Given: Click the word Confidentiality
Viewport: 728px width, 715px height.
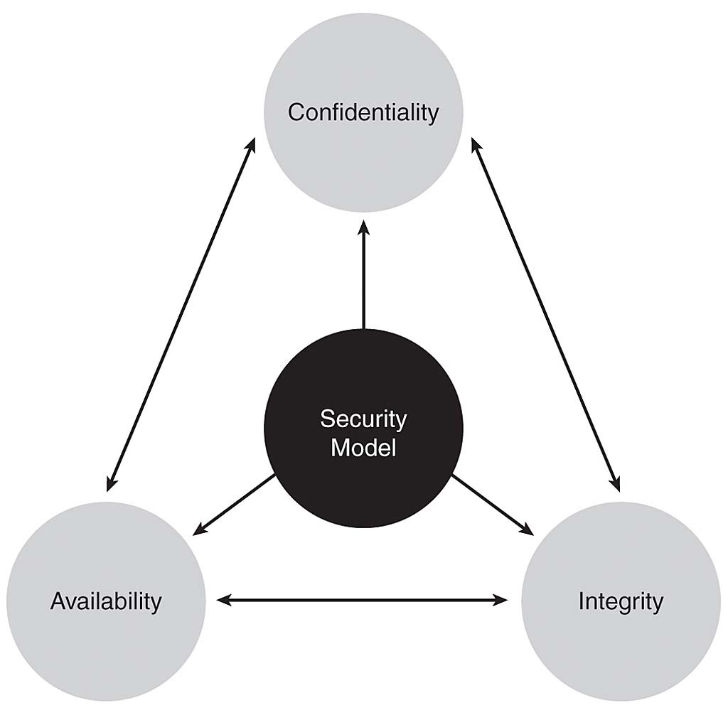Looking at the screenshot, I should (x=363, y=112).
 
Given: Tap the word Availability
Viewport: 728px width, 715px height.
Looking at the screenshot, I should (x=106, y=601).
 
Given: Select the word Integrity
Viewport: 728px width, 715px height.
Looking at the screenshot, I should (x=621, y=601).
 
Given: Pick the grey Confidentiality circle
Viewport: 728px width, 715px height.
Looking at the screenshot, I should (x=363, y=64).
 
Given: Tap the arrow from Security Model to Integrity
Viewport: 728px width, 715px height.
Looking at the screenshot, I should (x=492, y=503).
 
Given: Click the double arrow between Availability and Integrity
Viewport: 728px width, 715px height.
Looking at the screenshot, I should (x=363, y=601).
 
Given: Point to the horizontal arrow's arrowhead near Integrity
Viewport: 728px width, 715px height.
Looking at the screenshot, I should (x=500, y=601).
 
